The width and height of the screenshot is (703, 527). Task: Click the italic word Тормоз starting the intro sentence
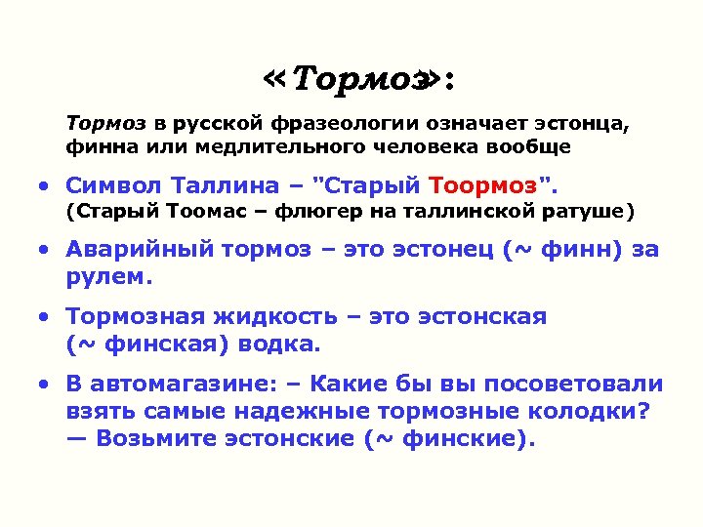(105, 124)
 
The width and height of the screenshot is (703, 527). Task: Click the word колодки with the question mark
(587, 410)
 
